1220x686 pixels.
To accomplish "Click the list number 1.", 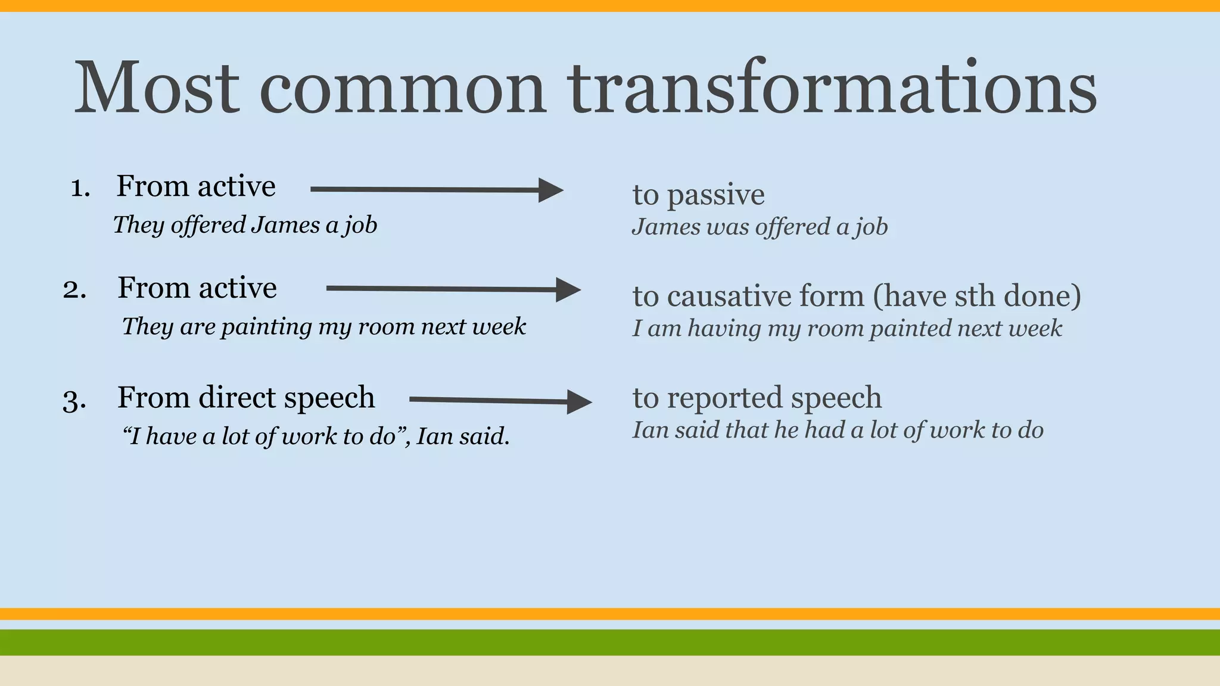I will (x=80, y=188).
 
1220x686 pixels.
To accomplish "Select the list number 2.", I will (x=74, y=290).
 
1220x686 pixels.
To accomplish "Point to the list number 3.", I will (x=74, y=400).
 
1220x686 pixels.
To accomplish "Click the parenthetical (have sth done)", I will (x=977, y=296).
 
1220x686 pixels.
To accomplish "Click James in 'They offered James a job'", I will (x=285, y=225).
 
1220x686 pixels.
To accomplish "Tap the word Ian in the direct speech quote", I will (x=434, y=436).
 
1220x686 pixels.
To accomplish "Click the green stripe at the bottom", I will (x=610, y=642).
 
